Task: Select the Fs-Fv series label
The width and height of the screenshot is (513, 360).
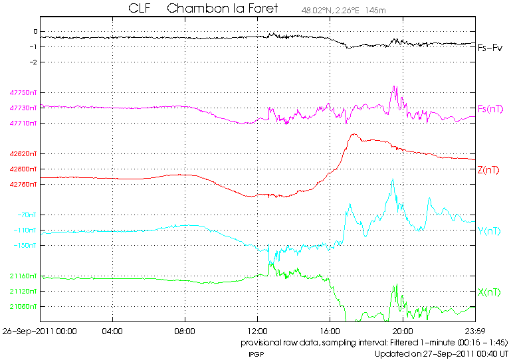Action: (x=490, y=48)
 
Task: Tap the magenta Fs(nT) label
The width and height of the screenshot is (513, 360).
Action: (x=490, y=108)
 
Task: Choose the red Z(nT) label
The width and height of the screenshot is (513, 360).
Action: (x=489, y=169)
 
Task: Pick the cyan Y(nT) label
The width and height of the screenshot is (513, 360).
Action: (x=489, y=230)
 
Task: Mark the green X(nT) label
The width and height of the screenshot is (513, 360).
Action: (x=489, y=292)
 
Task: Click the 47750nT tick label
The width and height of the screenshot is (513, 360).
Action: (x=25, y=93)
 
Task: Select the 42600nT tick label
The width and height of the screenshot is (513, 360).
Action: (x=25, y=169)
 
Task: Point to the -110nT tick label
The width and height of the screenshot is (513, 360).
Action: (x=27, y=230)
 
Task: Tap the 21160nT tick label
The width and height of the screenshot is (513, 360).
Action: (x=25, y=276)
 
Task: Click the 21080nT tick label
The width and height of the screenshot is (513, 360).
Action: (x=25, y=307)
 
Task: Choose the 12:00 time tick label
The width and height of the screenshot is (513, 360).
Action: (x=257, y=330)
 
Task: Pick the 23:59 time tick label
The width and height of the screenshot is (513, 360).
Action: (x=474, y=330)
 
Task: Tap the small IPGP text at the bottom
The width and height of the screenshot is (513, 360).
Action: (x=256, y=354)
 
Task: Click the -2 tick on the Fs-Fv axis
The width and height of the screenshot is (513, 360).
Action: (x=35, y=62)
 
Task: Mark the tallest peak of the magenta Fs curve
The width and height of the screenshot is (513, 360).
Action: (x=395, y=86)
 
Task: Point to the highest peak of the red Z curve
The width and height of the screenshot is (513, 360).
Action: (x=354, y=134)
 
